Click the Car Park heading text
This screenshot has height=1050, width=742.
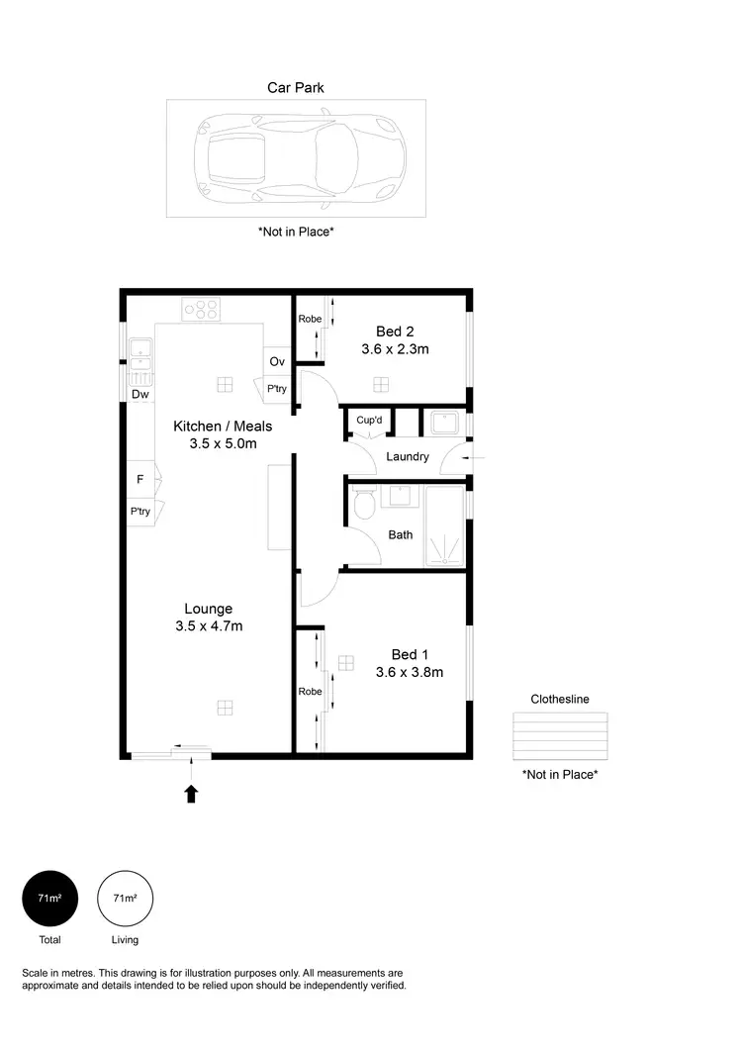click(295, 87)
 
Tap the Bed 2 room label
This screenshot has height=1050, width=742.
click(395, 331)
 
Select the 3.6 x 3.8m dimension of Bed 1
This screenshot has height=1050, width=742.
click(409, 672)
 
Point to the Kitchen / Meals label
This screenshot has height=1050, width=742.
click(223, 426)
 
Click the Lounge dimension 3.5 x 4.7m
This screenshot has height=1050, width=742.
click(209, 626)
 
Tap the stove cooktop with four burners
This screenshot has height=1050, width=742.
click(201, 309)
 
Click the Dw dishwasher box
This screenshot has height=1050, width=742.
click(140, 394)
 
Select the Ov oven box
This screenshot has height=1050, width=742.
click(277, 361)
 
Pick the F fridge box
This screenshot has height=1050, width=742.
click(140, 479)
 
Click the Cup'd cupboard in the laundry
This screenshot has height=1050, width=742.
click(369, 421)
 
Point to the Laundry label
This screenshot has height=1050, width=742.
click(408, 456)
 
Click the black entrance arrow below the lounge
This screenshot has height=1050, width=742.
click(192, 792)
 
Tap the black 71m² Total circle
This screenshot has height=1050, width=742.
click(49, 899)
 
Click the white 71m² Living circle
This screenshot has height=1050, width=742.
click(125, 899)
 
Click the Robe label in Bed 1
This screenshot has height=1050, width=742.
click(310, 691)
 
